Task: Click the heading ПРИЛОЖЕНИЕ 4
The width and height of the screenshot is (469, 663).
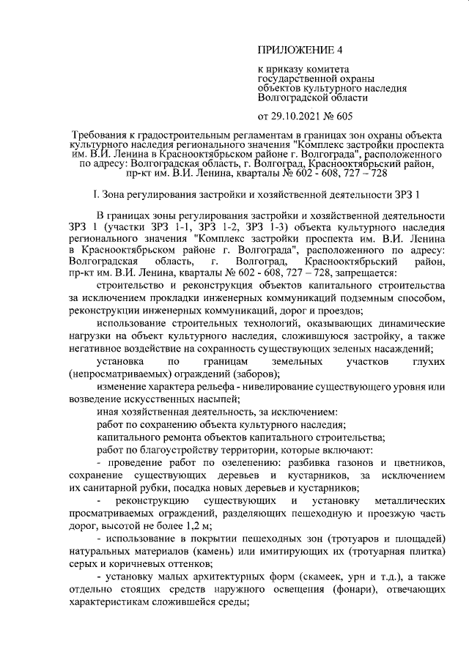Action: coord(300,51)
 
